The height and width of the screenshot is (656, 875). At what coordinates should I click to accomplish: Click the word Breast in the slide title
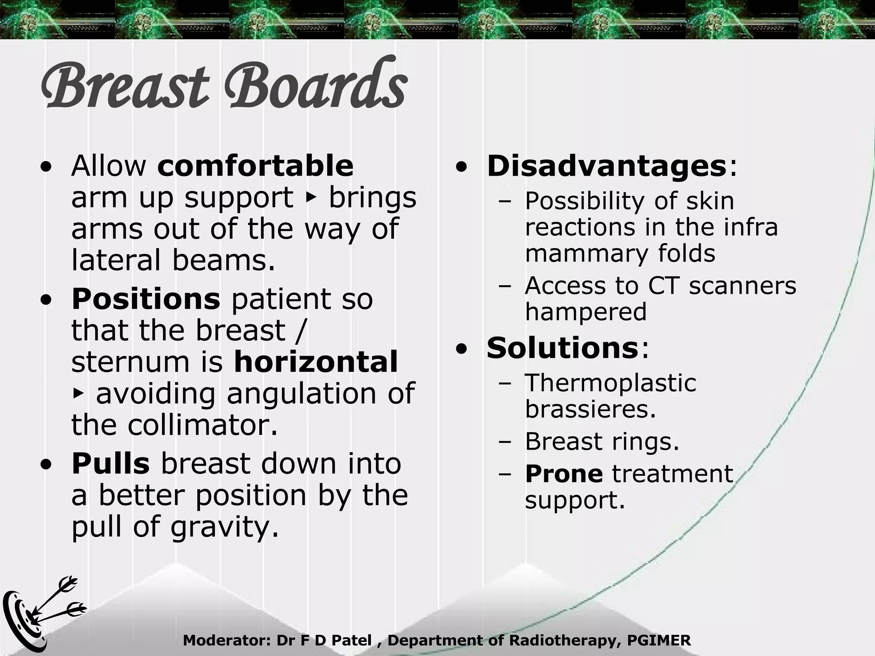(x=124, y=85)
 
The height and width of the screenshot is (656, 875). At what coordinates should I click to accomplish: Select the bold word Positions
(x=146, y=299)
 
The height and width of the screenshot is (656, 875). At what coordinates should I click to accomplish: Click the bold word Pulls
(x=111, y=464)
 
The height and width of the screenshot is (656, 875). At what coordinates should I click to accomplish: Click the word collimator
(x=203, y=425)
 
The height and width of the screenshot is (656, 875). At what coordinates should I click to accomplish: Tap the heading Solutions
(x=562, y=348)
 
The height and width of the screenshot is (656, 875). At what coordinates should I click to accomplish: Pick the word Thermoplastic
(x=610, y=383)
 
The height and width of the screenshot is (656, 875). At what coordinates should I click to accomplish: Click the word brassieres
(x=590, y=409)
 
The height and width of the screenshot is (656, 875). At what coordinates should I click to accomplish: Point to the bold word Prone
(x=564, y=474)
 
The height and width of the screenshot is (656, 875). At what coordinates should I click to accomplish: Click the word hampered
(x=585, y=312)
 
